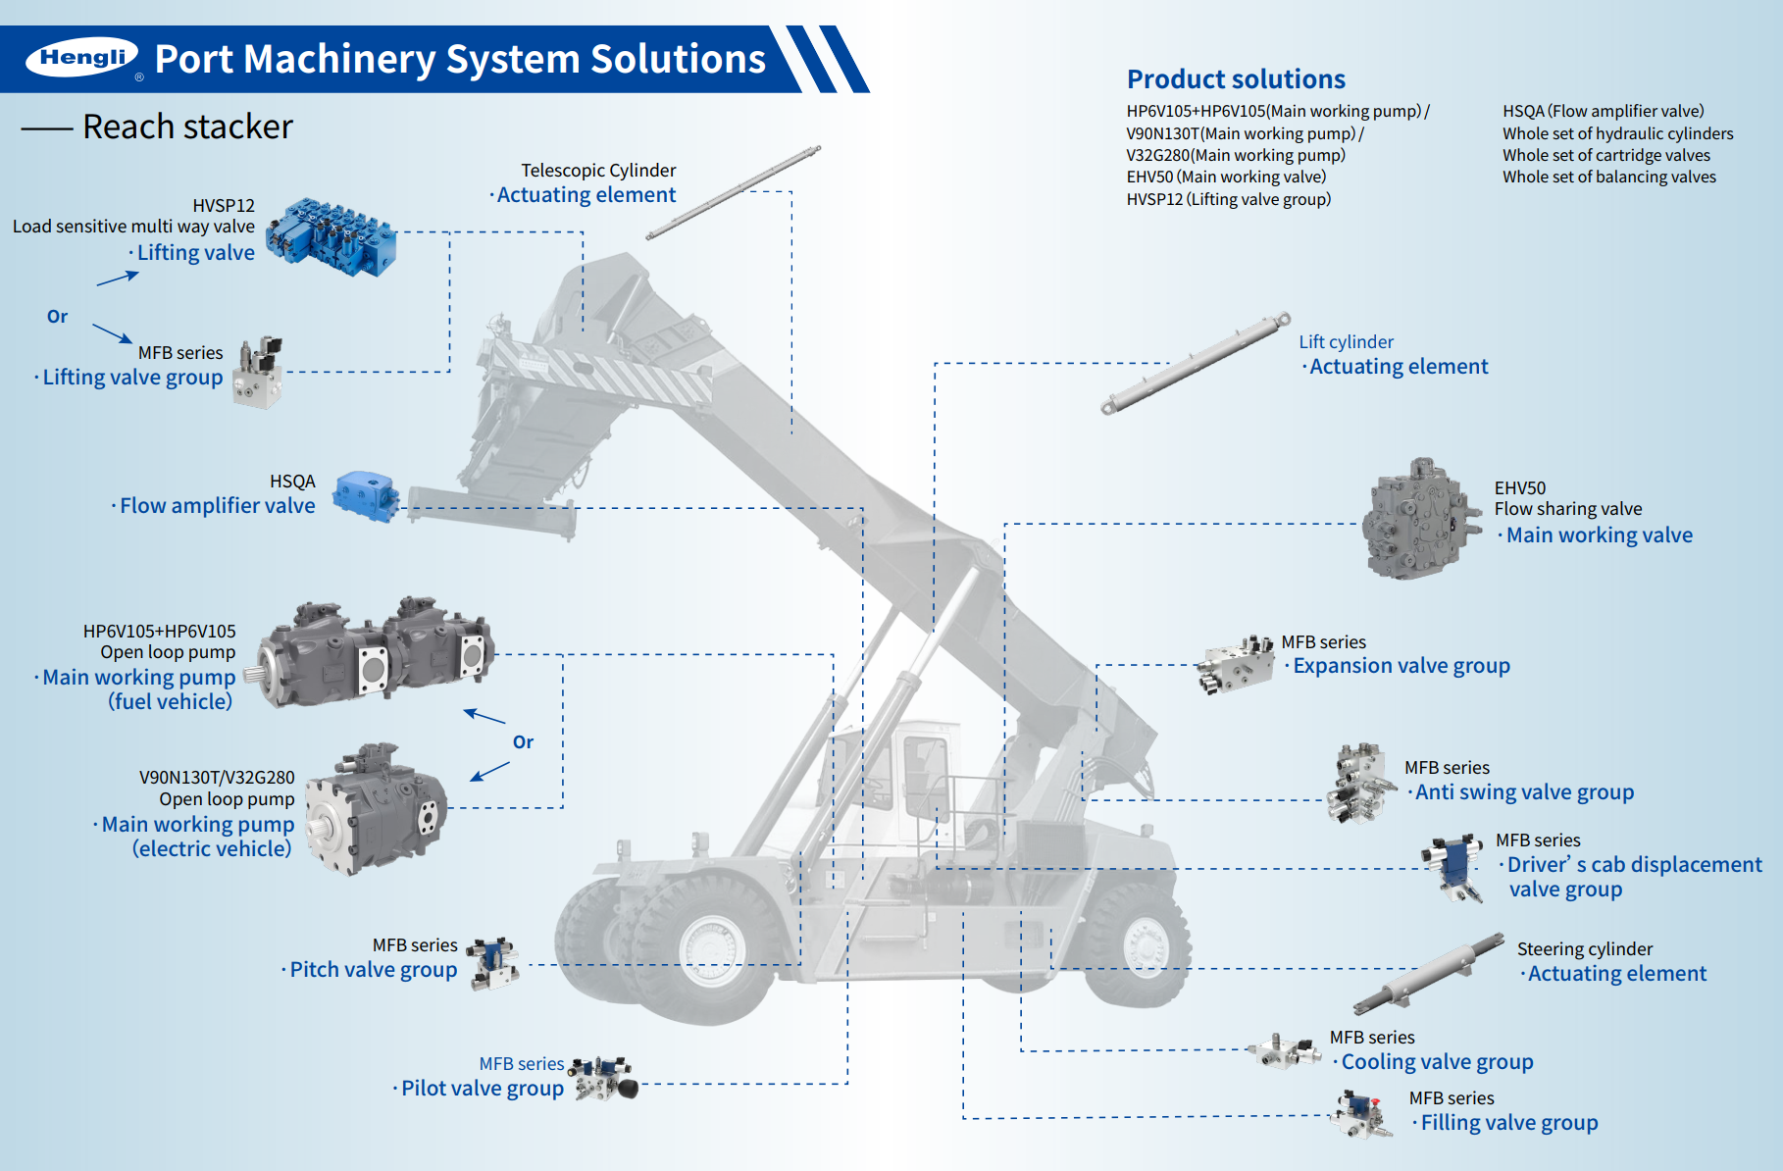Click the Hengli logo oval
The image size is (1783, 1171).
(x=82, y=58)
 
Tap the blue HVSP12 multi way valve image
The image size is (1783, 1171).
(x=333, y=235)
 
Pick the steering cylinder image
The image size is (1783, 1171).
(x=1429, y=973)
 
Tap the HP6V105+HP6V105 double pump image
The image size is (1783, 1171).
(x=376, y=651)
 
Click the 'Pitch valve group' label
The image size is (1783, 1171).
(x=374, y=970)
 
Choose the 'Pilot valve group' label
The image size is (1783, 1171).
(x=483, y=1089)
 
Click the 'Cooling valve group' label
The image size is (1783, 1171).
(x=1437, y=1062)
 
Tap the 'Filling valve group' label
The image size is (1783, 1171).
(x=1509, y=1123)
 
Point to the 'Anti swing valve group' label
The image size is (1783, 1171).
(x=1524, y=792)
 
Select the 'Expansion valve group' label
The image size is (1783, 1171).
(x=1401, y=666)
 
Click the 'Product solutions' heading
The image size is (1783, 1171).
(x=1236, y=79)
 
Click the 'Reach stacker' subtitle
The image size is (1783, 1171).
(x=187, y=127)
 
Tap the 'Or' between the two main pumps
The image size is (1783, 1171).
(x=523, y=742)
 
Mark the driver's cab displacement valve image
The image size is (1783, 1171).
(x=1454, y=866)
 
